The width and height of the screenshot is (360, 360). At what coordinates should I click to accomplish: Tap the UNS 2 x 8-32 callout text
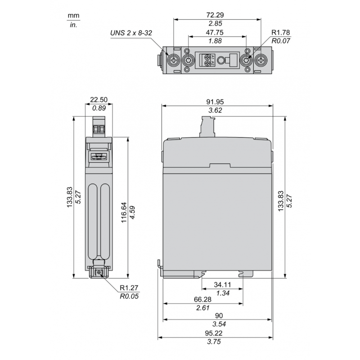[x=133, y=33]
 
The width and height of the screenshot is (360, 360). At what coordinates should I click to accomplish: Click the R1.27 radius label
[x=129, y=288]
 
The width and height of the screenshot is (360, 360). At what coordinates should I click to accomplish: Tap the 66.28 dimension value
[x=203, y=300]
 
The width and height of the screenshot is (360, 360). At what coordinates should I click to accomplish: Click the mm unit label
[x=73, y=16]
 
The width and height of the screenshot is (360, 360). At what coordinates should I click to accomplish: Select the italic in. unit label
[x=73, y=25]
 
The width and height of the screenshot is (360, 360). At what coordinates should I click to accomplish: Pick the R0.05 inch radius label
[x=129, y=297]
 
